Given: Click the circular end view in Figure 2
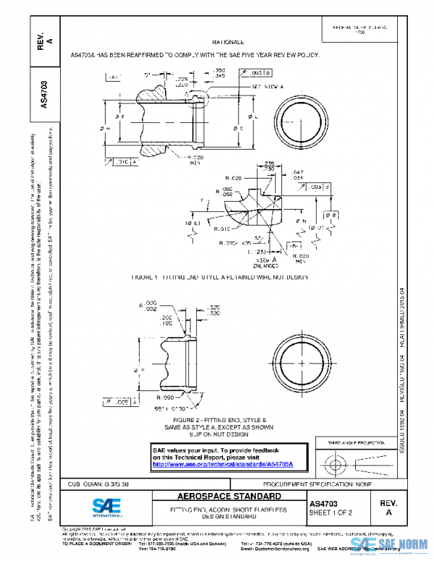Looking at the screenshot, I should (297, 359).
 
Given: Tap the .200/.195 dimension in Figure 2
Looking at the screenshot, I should (166, 320).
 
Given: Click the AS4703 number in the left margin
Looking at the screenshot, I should (44, 95).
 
